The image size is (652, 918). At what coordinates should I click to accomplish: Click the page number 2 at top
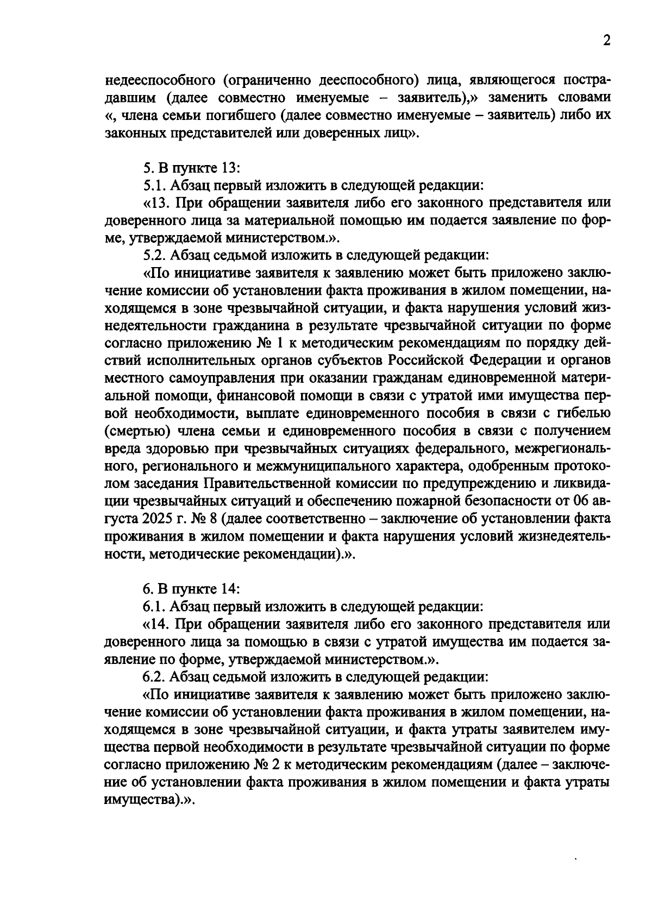point(606,42)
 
